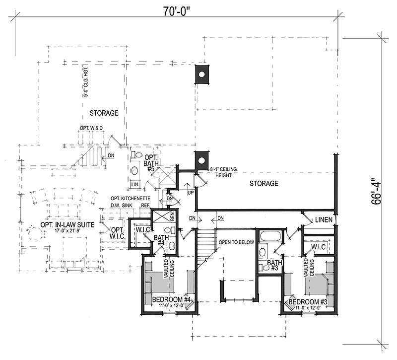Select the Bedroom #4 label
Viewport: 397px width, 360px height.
[172, 299]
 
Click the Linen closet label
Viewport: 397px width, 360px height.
[324, 219]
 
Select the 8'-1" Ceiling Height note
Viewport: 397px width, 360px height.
[224, 173]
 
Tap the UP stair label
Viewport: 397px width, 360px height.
[191, 192]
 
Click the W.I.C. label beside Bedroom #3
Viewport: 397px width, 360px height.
[317, 247]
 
